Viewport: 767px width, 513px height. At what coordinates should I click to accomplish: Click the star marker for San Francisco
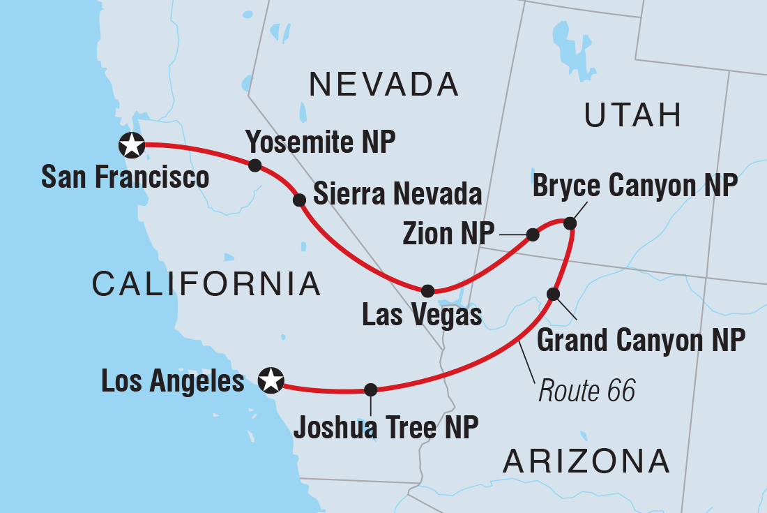pos(132,145)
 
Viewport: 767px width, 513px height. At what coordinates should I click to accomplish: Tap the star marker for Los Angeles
pos(271,380)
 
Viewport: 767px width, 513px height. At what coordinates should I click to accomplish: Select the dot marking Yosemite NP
pos(255,165)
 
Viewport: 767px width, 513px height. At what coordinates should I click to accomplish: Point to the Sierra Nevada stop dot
pos(299,200)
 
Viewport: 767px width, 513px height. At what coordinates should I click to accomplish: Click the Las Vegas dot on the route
pos(428,291)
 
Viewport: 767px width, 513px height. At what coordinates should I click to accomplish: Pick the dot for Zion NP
pos(533,235)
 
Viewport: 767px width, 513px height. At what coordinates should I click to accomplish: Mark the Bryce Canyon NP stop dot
pos(570,223)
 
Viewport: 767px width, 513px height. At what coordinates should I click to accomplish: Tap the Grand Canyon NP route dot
pos(554,294)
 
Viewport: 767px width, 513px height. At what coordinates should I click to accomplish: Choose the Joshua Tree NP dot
pos(371,389)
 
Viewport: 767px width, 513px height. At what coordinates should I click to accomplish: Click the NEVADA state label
pos(384,85)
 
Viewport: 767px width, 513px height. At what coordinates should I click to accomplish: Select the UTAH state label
pos(633,115)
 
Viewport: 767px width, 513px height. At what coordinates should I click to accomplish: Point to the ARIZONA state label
pos(586,461)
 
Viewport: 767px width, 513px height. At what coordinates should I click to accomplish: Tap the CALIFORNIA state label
pos(206,284)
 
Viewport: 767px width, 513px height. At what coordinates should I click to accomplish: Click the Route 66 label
pos(587,392)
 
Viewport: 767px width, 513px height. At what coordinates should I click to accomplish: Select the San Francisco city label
pos(126,177)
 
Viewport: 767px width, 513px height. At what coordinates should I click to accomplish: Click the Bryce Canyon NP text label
pos(635,186)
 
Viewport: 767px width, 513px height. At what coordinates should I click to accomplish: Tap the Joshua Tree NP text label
pos(386,427)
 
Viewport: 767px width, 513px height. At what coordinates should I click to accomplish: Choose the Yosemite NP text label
pos(321,143)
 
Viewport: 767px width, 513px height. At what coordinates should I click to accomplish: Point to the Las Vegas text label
pos(423,315)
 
